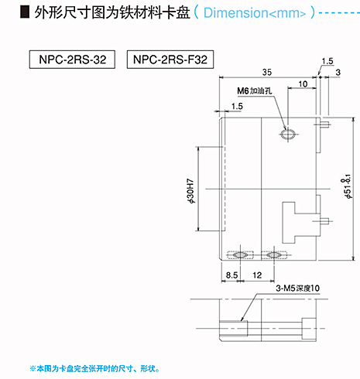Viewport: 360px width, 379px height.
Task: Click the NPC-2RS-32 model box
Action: click(x=72, y=60)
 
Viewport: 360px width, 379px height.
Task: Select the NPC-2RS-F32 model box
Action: click(x=170, y=60)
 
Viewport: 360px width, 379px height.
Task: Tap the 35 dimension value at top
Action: click(x=267, y=72)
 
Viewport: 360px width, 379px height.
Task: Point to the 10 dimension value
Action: click(x=303, y=84)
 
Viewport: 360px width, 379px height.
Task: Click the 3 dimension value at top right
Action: click(x=338, y=73)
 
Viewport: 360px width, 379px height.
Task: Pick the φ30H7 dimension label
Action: click(x=191, y=191)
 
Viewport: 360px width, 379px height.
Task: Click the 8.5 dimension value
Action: click(x=231, y=275)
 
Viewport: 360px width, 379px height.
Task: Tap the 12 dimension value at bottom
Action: click(x=257, y=275)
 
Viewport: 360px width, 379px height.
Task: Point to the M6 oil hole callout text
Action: click(x=255, y=90)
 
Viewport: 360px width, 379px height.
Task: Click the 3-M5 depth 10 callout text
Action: click(x=297, y=288)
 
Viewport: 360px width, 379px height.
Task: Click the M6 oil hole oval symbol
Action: click(x=288, y=134)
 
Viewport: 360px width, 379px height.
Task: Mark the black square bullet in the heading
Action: click(x=25, y=12)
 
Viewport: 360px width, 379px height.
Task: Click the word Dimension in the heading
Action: click(x=236, y=12)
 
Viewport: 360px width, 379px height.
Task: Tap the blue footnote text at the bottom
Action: click(x=94, y=369)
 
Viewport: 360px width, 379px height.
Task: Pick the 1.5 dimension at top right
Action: click(x=327, y=61)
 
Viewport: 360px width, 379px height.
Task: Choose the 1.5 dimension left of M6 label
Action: click(x=237, y=106)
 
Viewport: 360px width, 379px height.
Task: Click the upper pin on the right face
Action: click(x=325, y=125)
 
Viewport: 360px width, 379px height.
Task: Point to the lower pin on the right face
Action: click(x=324, y=221)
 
